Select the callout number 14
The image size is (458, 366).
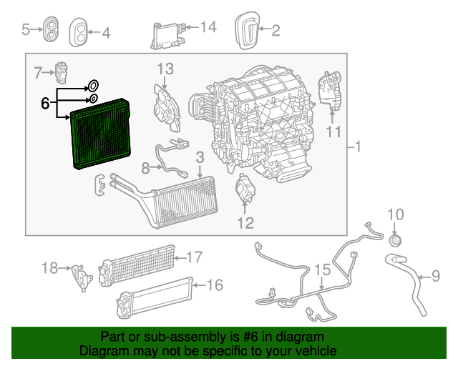(208, 27)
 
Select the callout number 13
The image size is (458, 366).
(165, 69)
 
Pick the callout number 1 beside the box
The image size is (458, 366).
(358, 147)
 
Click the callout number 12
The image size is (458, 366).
(245, 223)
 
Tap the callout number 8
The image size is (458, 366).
(145, 168)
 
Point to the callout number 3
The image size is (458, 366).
(200, 157)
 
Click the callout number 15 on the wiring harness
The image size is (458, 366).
(322, 269)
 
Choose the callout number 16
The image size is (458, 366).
(215, 285)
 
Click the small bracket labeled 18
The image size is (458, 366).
(81, 274)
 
